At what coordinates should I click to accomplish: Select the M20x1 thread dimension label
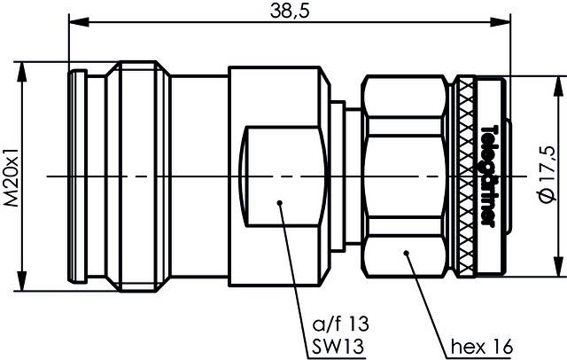point(11,176)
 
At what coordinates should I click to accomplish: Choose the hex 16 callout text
point(480,345)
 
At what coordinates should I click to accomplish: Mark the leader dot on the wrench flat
point(279,203)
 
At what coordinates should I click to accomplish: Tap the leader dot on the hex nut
point(406,254)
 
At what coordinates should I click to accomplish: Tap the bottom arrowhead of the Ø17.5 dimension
point(556,270)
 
